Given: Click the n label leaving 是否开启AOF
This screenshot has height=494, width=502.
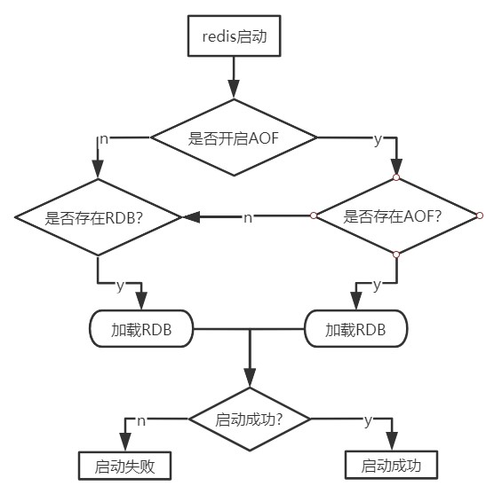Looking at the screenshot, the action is click(x=104, y=139).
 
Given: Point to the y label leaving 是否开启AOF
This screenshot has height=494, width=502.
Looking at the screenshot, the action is click(x=378, y=139).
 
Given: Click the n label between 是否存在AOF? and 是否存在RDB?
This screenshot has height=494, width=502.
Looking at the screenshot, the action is click(x=248, y=217).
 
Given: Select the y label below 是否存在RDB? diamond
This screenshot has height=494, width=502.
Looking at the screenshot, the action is click(x=120, y=285).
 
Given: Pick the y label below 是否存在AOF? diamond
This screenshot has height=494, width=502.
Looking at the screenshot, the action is click(x=377, y=285).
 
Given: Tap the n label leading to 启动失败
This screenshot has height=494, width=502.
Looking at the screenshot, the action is click(x=141, y=421).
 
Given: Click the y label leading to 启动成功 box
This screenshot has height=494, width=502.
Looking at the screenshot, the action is click(x=368, y=420).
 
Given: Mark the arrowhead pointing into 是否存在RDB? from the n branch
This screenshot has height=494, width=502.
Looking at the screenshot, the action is click(x=192, y=217).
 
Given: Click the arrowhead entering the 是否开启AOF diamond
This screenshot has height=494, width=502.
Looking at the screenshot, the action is click(x=234, y=90).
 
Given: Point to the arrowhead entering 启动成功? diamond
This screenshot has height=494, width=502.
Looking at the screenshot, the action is click(x=250, y=378).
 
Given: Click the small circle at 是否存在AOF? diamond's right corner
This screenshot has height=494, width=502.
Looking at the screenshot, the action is click(x=480, y=216).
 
